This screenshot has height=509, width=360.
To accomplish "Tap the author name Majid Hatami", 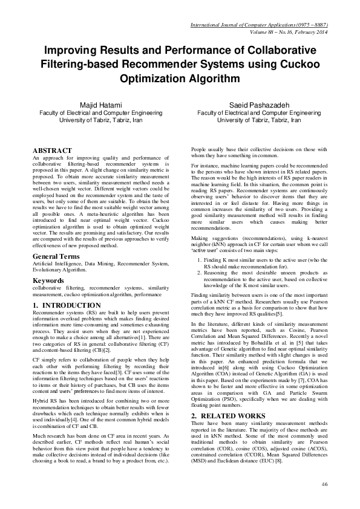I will [100, 105].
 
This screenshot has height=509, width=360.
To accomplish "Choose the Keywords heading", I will [49, 280].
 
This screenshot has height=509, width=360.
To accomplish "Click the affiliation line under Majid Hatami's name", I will [100, 112].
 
